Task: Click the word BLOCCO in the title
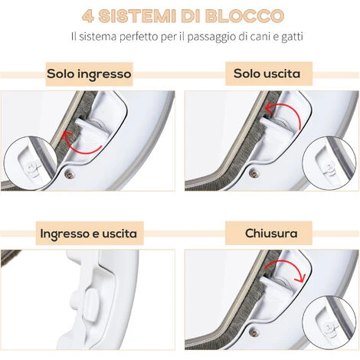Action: click(244, 16)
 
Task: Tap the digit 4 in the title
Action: click(88, 16)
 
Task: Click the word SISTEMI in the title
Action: click(137, 16)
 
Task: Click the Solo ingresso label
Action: click(89, 74)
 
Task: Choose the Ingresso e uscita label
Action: click(89, 234)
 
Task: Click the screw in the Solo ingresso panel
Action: click(70, 174)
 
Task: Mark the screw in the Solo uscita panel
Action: click(254, 173)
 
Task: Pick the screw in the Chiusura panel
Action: click(254, 332)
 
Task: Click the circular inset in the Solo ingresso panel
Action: click(30, 163)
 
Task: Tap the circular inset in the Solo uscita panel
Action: click(329, 163)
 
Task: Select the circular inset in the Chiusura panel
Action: click(329, 322)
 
